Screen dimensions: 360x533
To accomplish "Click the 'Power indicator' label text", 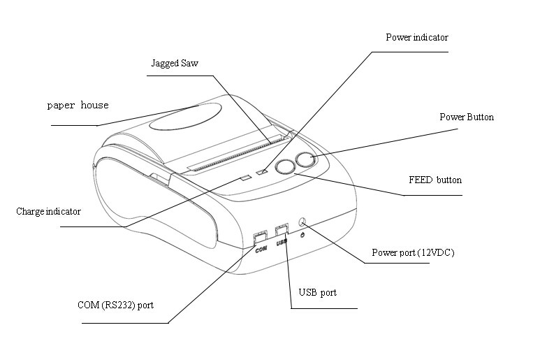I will click(x=417, y=37).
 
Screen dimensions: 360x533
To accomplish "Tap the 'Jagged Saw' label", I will click(x=175, y=64).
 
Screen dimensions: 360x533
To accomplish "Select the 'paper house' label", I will click(x=78, y=106).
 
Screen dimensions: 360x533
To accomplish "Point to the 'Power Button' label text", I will click(x=466, y=117).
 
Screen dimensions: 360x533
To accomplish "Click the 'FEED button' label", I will click(x=435, y=180).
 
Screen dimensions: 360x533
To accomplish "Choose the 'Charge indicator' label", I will click(x=48, y=211).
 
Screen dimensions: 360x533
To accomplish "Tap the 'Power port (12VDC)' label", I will click(x=413, y=252).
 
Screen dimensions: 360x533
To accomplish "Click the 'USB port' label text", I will click(x=317, y=292).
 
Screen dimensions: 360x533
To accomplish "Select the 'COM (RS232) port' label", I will click(x=117, y=305).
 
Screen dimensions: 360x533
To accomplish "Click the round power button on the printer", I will click(x=305, y=160).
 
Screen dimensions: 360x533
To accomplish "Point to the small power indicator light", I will click(x=263, y=171).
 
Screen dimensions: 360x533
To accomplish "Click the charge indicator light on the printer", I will click(x=244, y=178).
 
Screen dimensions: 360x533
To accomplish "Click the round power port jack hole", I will click(x=303, y=222).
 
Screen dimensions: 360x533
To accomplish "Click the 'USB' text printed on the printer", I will click(x=282, y=243).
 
